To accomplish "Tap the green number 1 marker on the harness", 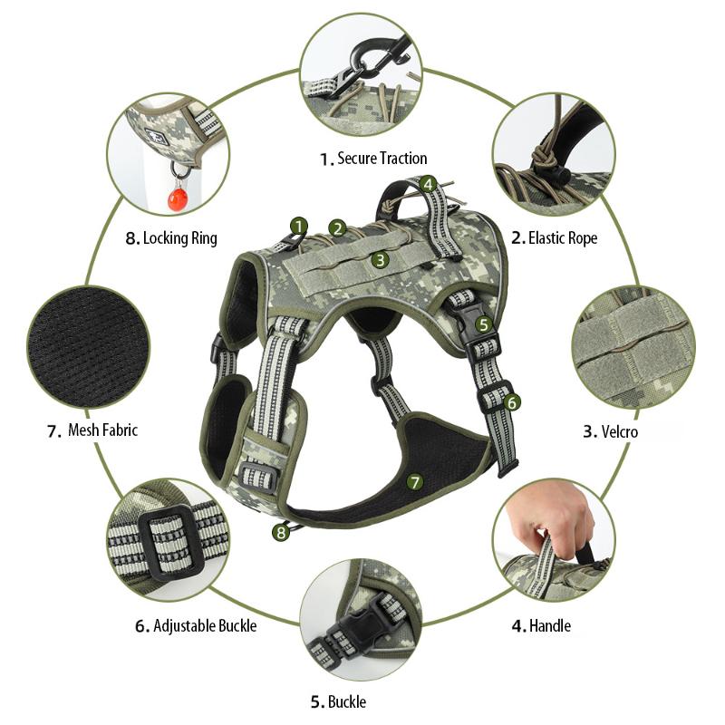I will click(x=300, y=226).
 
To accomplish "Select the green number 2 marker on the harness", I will click(x=337, y=228).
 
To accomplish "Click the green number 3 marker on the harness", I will click(x=381, y=259).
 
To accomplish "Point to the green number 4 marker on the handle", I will click(x=429, y=184).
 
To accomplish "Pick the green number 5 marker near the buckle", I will click(x=484, y=324).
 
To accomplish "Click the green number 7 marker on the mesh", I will click(x=415, y=482).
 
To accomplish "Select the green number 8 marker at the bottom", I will click(x=281, y=533).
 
